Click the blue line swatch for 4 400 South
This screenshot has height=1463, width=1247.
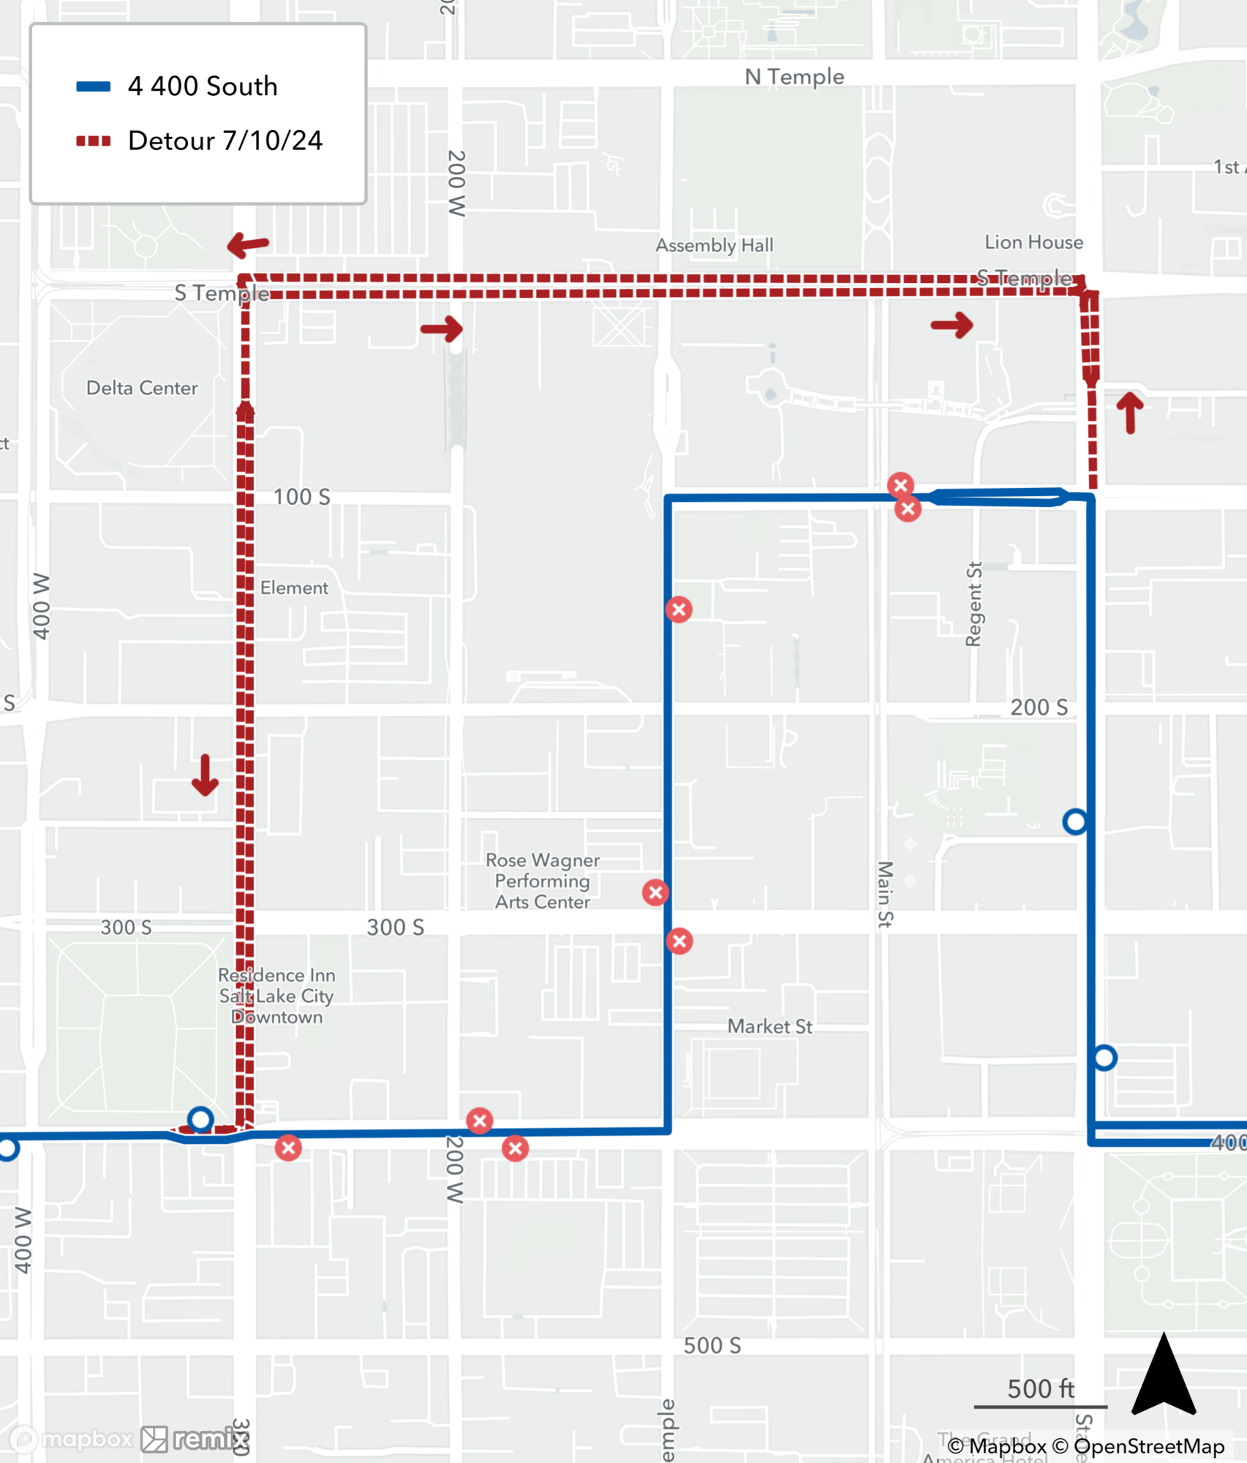click(93, 86)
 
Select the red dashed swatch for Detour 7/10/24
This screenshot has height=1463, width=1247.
click(93, 140)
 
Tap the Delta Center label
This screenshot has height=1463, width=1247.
click(142, 388)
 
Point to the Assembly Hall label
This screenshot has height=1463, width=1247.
click(714, 245)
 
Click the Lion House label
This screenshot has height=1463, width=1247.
click(1033, 242)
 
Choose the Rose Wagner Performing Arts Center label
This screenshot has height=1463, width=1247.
click(543, 881)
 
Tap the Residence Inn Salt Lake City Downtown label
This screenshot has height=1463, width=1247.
click(276, 996)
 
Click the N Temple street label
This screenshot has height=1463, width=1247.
click(794, 77)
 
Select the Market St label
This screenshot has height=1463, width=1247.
click(769, 1026)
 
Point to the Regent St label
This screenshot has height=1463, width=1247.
click(973, 604)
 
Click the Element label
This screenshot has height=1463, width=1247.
click(294, 587)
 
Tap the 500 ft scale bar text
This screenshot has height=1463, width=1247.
click(1041, 1388)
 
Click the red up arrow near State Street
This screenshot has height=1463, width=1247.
click(1130, 413)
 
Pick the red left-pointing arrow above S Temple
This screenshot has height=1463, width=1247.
click(248, 245)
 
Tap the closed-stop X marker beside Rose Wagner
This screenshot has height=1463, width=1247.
click(655, 892)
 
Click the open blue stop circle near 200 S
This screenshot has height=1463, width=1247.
click(1075, 821)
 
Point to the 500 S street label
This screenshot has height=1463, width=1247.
click(712, 1346)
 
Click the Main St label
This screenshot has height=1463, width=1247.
click(885, 894)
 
